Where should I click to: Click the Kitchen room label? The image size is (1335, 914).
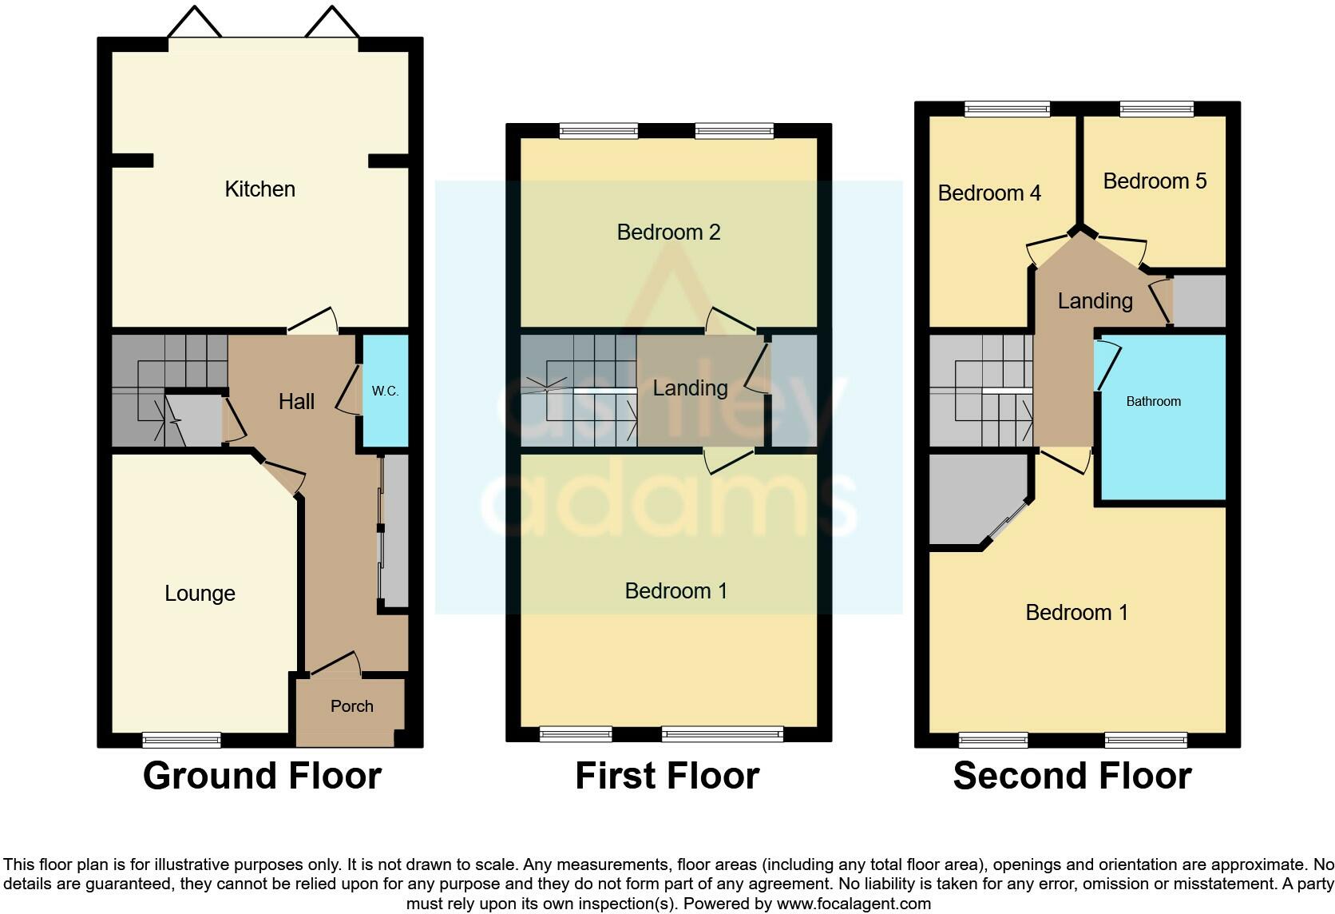point(259,189)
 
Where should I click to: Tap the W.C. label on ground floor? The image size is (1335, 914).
point(385,391)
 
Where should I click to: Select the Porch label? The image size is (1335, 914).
point(351,706)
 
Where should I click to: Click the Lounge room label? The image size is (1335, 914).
point(200,594)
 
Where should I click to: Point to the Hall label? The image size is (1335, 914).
point(296,402)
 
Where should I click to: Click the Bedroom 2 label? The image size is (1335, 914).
point(668,232)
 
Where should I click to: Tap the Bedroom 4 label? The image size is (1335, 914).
point(989,193)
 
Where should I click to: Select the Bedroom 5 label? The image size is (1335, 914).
point(1154,181)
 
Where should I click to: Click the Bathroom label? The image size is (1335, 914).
point(1153,402)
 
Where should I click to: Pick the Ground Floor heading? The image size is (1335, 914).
point(262,776)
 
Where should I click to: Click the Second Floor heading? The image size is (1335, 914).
point(1072,776)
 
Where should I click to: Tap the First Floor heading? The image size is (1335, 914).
point(667,776)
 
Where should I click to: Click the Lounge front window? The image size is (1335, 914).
point(181,740)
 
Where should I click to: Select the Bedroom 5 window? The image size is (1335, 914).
point(1156,109)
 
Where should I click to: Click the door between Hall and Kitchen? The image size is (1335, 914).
point(312,322)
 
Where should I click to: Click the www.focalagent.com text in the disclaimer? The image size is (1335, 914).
point(853,904)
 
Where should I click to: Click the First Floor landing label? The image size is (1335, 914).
point(690,388)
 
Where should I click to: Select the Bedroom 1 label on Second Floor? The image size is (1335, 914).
point(1076,613)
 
